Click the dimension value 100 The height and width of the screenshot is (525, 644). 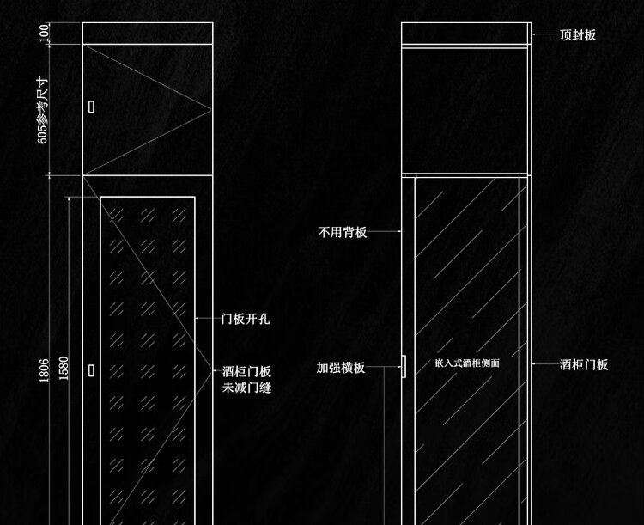click(44, 33)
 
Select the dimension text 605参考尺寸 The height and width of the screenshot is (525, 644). click(43, 110)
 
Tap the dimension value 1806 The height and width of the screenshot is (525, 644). click(44, 370)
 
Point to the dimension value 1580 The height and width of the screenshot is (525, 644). click(64, 369)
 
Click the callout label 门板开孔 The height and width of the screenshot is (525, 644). click(246, 319)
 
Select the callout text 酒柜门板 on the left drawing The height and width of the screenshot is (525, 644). click(246, 372)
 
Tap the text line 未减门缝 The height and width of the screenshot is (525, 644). click(246, 388)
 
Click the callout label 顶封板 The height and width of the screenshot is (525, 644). click(578, 35)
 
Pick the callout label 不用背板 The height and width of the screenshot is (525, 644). click(342, 232)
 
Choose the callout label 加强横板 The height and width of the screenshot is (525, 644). click(341, 368)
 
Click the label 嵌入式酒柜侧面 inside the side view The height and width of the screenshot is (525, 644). click(467, 363)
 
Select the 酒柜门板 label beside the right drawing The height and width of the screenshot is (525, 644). click(584, 364)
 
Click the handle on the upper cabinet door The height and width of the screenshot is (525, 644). click(91, 107)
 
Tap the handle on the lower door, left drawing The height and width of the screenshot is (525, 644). click(91, 370)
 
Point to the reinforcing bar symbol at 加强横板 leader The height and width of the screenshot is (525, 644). click(404, 366)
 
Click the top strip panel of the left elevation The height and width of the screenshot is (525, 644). click(148, 34)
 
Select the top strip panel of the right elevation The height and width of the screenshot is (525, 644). click(464, 34)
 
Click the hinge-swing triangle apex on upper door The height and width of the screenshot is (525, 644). click(211, 110)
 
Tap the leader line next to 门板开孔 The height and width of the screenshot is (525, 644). click(208, 318)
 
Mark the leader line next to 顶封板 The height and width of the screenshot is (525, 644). click(545, 34)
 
